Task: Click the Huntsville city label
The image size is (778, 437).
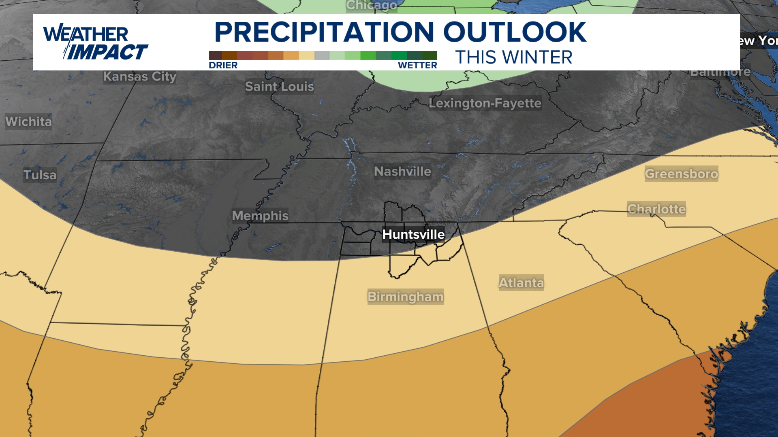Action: (413, 234)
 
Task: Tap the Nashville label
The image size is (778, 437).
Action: (402, 172)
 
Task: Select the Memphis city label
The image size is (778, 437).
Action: (260, 216)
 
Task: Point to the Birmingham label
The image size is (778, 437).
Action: (405, 297)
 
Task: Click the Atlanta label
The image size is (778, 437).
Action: (521, 282)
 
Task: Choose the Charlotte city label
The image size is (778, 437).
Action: (656, 209)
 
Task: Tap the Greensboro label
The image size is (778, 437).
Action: (681, 174)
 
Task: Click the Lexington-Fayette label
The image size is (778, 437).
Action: (485, 103)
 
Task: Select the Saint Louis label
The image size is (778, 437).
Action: (279, 86)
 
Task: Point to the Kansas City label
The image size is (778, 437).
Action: (140, 76)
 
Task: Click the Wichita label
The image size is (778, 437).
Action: (28, 121)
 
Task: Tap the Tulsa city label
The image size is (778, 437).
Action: (40, 175)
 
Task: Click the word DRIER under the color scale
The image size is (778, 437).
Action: (223, 66)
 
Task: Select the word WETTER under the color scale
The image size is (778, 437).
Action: (417, 66)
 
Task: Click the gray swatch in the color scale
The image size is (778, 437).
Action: (322, 55)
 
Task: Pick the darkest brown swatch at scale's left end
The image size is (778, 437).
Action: (216, 55)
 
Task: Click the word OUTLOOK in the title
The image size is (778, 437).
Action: (515, 32)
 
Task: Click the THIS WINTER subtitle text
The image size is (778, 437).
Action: (514, 57)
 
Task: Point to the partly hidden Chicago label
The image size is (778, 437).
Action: (372, 6)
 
